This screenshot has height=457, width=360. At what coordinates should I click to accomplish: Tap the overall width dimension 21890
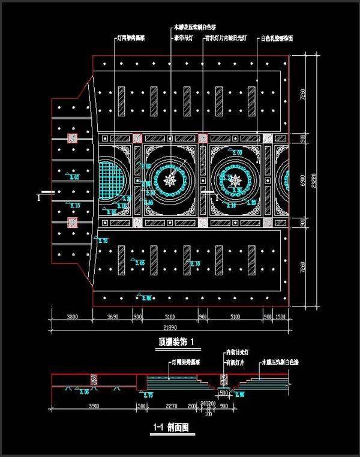171,327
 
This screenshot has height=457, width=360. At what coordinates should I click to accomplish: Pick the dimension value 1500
280,317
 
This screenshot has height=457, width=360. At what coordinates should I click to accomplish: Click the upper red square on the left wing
74,139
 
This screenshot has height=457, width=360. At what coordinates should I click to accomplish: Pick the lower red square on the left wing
74,223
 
